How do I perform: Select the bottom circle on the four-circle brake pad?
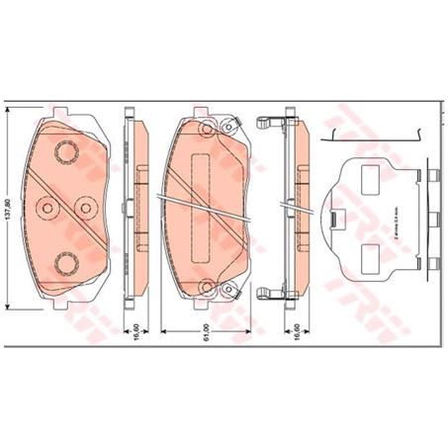(67, 261)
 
